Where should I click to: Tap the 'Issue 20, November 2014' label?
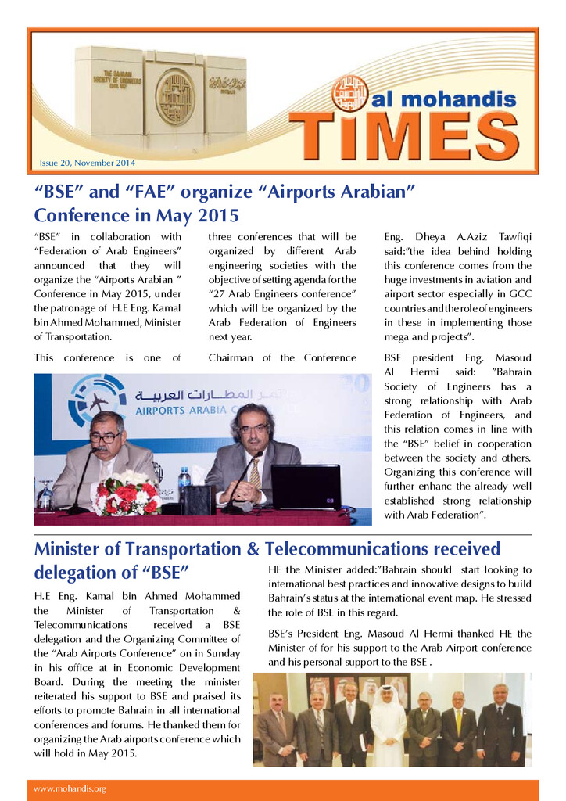pos(88,163)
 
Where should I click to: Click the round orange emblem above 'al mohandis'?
pos(349,93)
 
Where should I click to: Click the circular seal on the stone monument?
pos(174,97)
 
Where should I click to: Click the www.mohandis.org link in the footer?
pos(70,788)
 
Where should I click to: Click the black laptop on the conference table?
pos(305,487)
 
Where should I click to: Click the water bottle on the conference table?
pos(184,479)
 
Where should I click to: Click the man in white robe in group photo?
pos(388,725)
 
